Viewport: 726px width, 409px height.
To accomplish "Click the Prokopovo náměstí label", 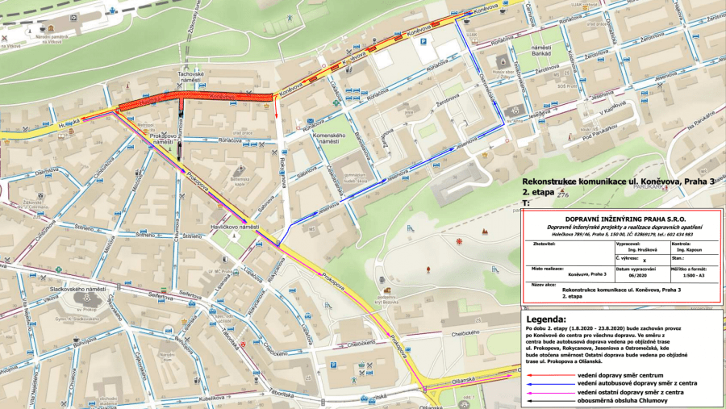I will (164, 140).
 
